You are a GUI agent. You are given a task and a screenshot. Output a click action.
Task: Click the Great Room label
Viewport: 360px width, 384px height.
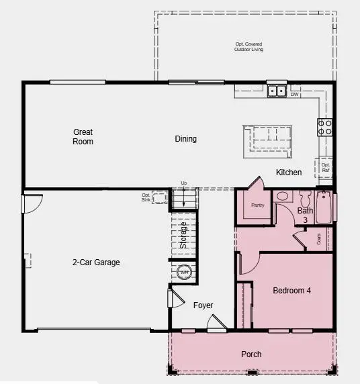tap(83, 137)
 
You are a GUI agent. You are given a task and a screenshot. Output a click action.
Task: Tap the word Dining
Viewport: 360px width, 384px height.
tap(186, 139)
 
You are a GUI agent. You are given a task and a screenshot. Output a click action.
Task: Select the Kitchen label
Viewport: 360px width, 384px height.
tap(289, 173)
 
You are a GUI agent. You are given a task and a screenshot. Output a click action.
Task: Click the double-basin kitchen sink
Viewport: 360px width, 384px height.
tap(277, 91)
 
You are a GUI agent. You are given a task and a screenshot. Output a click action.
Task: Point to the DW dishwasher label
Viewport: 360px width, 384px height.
tap(294, 95)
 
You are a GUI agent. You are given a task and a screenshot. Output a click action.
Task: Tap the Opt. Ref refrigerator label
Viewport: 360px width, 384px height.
tap(326, 168)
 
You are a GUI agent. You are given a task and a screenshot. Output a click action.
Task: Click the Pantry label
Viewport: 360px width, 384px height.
tap(256, 205)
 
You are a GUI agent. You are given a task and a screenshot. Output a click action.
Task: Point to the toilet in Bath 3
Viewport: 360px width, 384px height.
tap(306, 199)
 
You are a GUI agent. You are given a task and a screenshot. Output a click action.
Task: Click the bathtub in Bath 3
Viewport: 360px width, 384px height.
tap(324, 208)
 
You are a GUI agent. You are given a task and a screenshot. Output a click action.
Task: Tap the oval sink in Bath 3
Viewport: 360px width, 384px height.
tap(283, 197)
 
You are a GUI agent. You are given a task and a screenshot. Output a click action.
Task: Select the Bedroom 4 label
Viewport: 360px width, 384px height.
tap(291, 291)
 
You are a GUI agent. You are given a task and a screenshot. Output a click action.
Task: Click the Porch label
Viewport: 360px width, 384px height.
tap(251, 354)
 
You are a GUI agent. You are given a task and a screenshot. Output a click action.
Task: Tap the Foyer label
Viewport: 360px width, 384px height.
tap(204, 305)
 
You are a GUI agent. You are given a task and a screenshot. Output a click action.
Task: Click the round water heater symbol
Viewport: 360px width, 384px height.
tap(185, 272)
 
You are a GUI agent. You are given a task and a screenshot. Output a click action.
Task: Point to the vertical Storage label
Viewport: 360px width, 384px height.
tap(183, 235)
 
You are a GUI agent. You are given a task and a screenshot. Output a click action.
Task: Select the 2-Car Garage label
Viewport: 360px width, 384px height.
tap(96, 262)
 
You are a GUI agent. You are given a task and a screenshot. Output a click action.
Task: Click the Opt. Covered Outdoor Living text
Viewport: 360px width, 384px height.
tap(249, 47)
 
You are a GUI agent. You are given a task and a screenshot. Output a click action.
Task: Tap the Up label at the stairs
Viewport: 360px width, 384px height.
tap(183, 183)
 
